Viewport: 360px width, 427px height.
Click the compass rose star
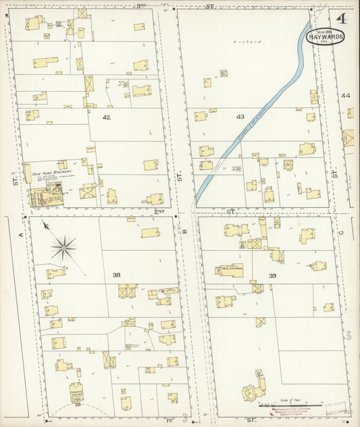(63, 248)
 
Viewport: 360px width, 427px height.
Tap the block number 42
(106, 117)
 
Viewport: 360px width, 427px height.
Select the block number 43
(240, 117)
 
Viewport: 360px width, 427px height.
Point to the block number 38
(116, 275)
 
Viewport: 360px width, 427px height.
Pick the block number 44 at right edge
(346, 96)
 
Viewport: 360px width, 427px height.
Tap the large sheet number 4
(343, 18)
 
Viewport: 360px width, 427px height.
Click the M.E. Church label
(232, 270)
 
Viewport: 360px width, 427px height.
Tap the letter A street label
(20, 234)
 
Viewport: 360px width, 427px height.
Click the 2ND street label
(159, 212)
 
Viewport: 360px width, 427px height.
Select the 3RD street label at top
(143, 5)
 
